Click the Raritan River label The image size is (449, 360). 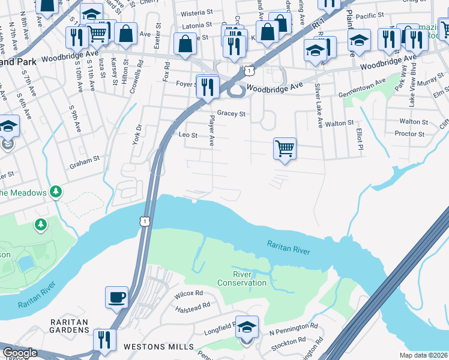[x=289, y=246]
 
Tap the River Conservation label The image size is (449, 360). [x=242, y=278]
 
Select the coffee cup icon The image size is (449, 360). [x=116, y=296]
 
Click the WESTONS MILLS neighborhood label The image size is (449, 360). [x=158, y=347]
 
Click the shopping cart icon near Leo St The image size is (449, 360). [x=285, y=148]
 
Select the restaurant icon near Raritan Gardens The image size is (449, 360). [x=105, y=339]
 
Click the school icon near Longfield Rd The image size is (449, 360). [x=247, y=327]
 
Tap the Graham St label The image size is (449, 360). [x=83, y=160]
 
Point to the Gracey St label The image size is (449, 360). [x=232, y=113]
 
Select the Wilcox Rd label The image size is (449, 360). [x=188, y=294]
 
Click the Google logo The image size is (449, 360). [x=20, y=353]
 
